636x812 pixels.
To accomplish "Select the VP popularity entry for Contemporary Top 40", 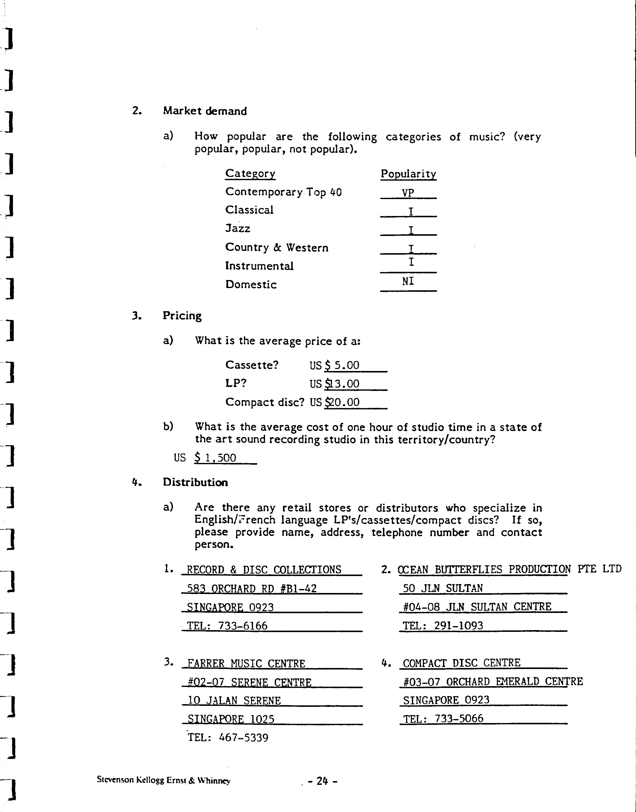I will click(408, 193).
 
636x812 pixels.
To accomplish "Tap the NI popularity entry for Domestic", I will click(408, 281).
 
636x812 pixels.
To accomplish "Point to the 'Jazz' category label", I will click(238, 228).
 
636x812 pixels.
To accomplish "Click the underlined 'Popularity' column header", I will click(408, 174).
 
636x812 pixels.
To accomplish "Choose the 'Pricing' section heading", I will click(182, 316).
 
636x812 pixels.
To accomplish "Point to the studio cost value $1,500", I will click(216, 458).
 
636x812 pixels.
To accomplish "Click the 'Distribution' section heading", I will click(195, 482).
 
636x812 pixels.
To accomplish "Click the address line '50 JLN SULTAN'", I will click(443, 588).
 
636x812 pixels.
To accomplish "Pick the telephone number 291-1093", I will click(458, 626).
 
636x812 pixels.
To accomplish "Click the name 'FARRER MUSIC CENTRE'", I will click(246, 664).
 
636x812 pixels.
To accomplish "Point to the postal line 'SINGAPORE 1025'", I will click(231, 719).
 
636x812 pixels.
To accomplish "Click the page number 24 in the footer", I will click(322, 781).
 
